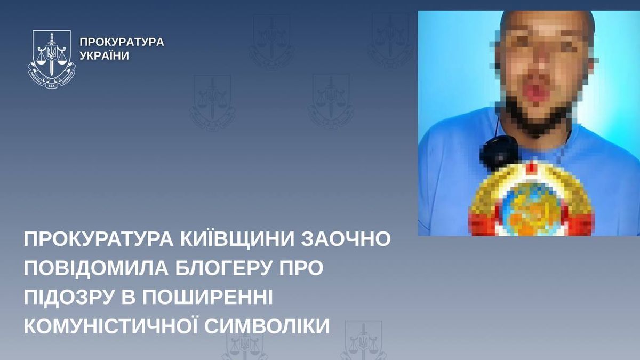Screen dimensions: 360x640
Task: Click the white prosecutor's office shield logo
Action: point(52,56)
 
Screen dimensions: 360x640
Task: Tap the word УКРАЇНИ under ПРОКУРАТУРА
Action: point(104,56)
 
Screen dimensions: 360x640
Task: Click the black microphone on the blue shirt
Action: point(499,152)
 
